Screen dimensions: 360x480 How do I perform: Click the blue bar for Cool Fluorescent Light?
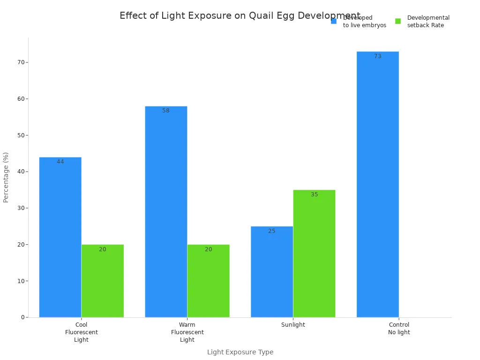pyautogui.click(x=60, y=237)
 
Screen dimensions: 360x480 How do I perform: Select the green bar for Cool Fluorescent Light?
pyautogui.click(x=102, y=281)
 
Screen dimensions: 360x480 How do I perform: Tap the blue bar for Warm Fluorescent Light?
pyautogui.click(x=166, y=212)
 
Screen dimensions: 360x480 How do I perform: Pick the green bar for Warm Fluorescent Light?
pyautogui.click(x=208, y=281)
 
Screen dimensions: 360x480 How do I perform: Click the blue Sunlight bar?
pyautogui.click(x=272, y=272)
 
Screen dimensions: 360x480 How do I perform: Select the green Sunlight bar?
pyautogui.click(x=314, y=254)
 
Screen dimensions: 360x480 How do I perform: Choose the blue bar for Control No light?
pyautogui.click(x=377, y=184)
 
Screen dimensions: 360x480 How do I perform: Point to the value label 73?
pyautogui.click(x=377, y=56)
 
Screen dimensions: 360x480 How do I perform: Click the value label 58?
pyautogui.click(x=166, y=111)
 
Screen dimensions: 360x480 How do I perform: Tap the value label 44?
pyautogui.click(x=60, y=162)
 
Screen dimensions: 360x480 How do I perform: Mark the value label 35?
pyautogui.click(x=314, y=195)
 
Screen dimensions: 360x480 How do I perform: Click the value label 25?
pyautogui.click(x=272, y=231)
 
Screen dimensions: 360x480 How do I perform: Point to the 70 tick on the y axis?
pyautogui.click(x=21, y=62)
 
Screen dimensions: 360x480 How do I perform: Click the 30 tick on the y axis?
pyautogui.click(x=21, y=208)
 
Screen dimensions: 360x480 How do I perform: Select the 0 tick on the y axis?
pyautogui.click(x=22, y=317)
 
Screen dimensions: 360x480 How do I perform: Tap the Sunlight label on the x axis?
pyautogui.click(x=293, y=325)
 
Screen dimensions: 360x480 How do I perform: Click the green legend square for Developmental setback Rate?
pyautogui.click(x=398, y=21)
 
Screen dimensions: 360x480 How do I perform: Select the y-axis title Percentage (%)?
pyautogui.click(x=6, y=177)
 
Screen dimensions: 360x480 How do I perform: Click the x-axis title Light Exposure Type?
pyautogui.click(x=240, y=352)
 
